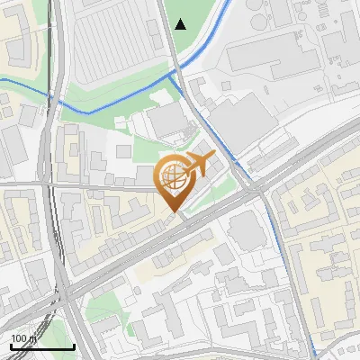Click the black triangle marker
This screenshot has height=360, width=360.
tap(181, 24)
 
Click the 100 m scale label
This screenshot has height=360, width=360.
tap(23, 338)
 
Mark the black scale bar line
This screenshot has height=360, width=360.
tap(41, 346)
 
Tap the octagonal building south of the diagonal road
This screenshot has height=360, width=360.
tap(244, 233)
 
